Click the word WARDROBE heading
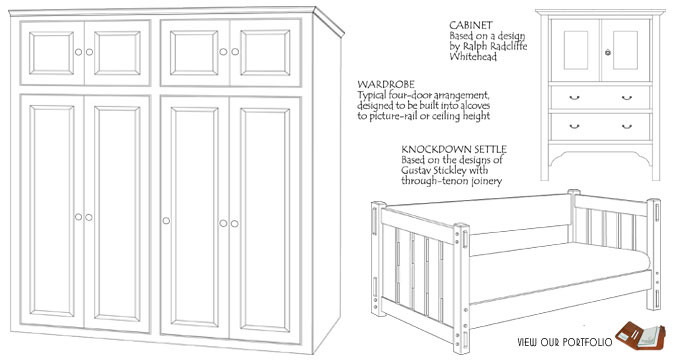pyautogui.click(x=386, y=84)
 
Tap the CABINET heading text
pyautogui.click(x=471, y=25)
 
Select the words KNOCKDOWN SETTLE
pyautogui.click(x=454, y=149)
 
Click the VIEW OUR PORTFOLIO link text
pyautogui.click(x=565, y=342)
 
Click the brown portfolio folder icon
pyautogui.click(x=640, y=335)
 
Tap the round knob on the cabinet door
pyautogui.click(x=608, y=53)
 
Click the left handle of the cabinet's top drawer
pyautogui.click(x=574, y=98)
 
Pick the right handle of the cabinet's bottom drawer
pyautogui.click(x=627, y=127)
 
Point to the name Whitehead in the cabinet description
pyautogui.click(x=473, y=56)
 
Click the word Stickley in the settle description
pyautogui.click(x=471, y=170)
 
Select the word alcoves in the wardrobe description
pyautogui.click(x=474, y=105)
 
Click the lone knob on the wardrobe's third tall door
pyautogui.click(x=166, y=220)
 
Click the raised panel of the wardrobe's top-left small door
pyautogui.click(x=51, y=53)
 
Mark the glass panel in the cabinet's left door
pyautogui.click(x=575, y=50)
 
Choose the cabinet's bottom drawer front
pyautogui.click(x=601, y=127)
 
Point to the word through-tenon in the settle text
pyautogui.click(x=429, y=180)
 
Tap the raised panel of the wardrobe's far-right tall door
pyautogui.click(x=265, y=220)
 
